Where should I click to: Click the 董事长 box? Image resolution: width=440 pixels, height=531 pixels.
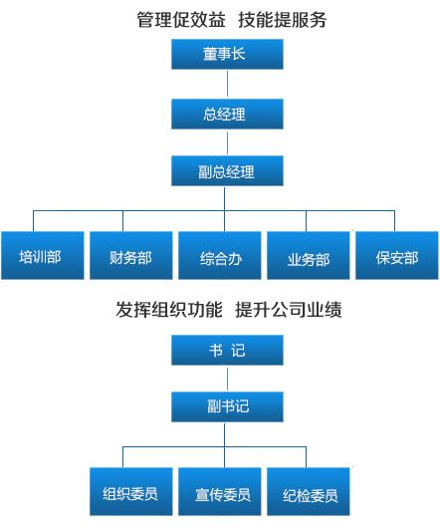[x=227, y=54]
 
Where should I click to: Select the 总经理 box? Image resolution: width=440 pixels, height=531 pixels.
[x=227, y=114]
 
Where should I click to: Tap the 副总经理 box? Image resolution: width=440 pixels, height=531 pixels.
[x=227, y=170]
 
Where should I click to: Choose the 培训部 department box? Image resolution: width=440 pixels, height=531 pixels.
[x=43, y=255]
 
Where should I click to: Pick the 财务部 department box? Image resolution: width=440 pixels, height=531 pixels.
[x=131, y=255]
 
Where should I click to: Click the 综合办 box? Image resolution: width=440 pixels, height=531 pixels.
[x=220, y=255]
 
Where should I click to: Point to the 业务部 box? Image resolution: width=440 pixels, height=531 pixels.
[x=309, y=255]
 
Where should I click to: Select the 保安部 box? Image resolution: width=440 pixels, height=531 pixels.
[x=397, y=255]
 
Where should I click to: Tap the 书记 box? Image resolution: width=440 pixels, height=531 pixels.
[x=227, y=350]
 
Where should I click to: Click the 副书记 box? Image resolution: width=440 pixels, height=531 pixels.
[x=227, y=406]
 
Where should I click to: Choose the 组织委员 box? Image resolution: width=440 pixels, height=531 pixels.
[x=131, y=492]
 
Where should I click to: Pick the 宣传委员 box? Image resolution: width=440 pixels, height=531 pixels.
[x=220, y=492]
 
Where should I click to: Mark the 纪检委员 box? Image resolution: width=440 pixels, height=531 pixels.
[x=309, y=492]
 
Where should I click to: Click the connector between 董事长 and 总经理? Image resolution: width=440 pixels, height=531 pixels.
[x=227, y=84]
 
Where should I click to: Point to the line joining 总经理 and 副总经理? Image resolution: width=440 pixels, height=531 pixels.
[x=227, y=142]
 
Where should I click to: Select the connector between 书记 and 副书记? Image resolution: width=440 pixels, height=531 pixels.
[x=227, y=379]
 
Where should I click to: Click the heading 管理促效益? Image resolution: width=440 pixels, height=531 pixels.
[x=181, y=19]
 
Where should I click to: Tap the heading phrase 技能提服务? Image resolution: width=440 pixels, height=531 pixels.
[x=283, y=19]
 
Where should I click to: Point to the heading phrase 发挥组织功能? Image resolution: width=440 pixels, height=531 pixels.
[x=169, y=309]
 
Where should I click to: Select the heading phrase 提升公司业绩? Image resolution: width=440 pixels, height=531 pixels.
[x=289, y=309]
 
